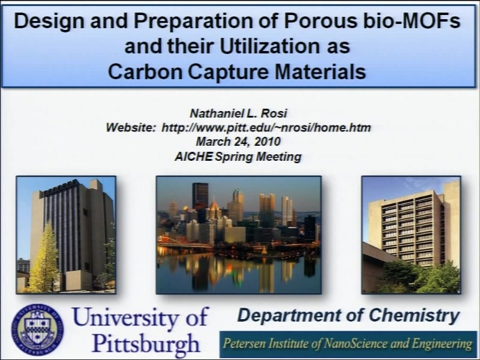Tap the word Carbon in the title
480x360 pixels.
click(145, 71)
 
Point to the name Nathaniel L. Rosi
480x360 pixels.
click(238, 113)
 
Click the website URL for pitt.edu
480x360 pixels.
click(266, 127)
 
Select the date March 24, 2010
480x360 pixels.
click(238, 142)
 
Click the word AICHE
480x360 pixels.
click(194, 157)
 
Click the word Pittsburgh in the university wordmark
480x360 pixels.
click(146, 343)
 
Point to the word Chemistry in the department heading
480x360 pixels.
click(415, 316)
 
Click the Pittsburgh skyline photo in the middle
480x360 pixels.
click(239, 235)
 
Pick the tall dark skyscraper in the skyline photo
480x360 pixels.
click(200, 196)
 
